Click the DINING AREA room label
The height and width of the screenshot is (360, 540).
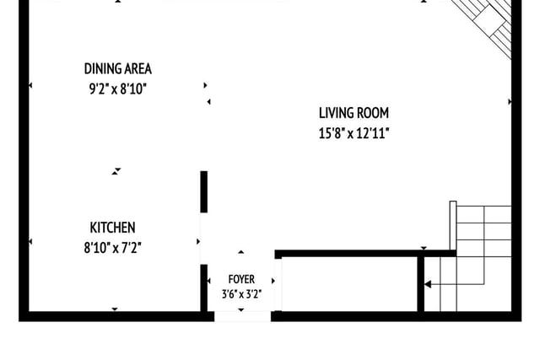click(118, 69)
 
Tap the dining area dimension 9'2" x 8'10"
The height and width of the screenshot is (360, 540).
click(118, 89)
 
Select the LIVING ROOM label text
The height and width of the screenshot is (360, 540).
click(354, 113)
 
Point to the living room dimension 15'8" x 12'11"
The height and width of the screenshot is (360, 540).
click(354, 133)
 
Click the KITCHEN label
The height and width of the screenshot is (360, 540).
click(112, 228)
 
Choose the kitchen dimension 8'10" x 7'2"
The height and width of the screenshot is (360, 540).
click(112, 248)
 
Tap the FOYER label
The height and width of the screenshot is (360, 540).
click(241, 279)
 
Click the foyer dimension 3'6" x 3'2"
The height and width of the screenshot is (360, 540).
click(241, 294)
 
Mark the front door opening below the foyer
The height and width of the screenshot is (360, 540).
click(242, 316)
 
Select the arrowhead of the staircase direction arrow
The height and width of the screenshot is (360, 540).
click(428, 284)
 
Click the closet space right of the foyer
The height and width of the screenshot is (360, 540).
click(349, 284)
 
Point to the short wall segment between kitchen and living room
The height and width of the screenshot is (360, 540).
click(204, 191)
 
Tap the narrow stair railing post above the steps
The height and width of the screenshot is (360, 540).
click(453, 225)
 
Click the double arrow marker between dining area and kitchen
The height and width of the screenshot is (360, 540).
click(116, 171)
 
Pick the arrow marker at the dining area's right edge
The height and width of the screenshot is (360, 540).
click(205, 85)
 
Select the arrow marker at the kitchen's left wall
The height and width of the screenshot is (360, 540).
click(30, 242)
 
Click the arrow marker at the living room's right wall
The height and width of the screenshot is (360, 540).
click(510, 101)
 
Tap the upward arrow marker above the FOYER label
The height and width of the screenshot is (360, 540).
click(241, 252)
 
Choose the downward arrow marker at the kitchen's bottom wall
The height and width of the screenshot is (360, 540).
click(115, 309)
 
